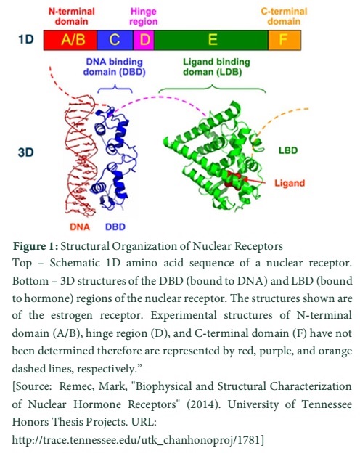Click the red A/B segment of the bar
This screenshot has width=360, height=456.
(70, 40)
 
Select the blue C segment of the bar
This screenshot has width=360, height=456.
(115, 40)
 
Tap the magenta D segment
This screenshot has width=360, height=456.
(144, 40)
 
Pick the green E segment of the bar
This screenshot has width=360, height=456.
(211, 40)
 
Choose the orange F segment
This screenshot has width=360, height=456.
(285, 40)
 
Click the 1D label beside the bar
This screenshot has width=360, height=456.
(26, 39)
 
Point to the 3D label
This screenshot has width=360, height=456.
(26, 152)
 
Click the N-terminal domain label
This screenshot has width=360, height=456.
(72, 16)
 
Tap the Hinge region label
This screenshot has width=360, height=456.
(144, 16)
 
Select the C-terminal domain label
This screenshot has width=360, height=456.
(284, 16)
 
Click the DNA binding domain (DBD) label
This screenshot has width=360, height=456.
(114, 67)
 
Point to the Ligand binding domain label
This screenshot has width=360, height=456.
(216, 67)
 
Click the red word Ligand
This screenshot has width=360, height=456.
(290, 183)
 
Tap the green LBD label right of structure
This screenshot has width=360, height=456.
(288, 150)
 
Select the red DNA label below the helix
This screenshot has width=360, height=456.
(80, 227)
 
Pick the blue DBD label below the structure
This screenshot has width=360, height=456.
(115, 227)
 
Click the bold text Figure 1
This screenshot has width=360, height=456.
(36, 246)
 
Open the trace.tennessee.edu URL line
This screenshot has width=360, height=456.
(138, 440)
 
